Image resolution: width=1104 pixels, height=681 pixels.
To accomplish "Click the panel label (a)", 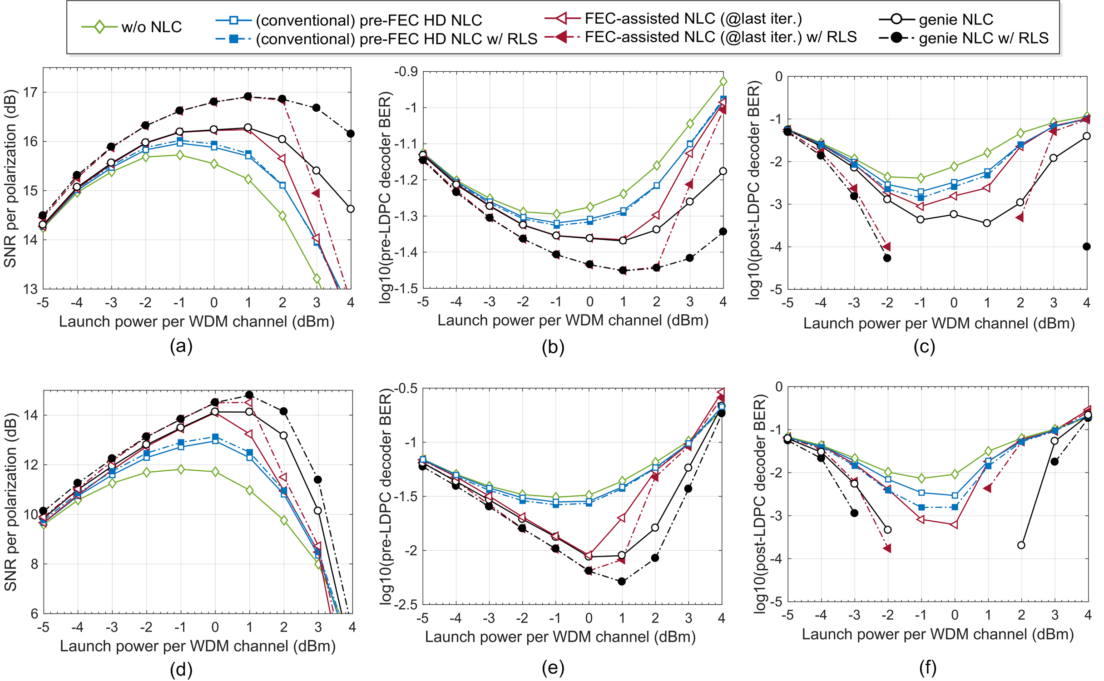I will tap(181, 346).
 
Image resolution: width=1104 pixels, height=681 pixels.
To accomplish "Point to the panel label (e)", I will tap(553, 667).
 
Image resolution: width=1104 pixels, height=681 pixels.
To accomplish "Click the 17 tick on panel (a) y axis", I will tap(30, 93).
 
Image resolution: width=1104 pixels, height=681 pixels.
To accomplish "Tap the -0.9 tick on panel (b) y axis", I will tap(406, 72).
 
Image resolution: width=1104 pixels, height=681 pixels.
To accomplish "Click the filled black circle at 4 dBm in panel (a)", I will tap(350, 133).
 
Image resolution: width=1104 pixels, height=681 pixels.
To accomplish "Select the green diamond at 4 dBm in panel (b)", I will tap(723, 82).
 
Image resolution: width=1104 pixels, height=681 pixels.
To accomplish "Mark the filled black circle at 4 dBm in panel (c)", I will tap(1086, 247).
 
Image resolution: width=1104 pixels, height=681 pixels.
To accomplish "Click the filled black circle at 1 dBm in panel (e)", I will tap(622, 581).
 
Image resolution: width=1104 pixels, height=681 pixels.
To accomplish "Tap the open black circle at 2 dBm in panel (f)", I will tap(1021, 545).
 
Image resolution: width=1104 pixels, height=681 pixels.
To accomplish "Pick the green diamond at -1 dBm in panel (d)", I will tap(181, 469).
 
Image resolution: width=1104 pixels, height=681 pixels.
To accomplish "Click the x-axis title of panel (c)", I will tap(939, 323).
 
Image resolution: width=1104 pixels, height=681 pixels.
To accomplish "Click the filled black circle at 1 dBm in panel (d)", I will tap(249, 395).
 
